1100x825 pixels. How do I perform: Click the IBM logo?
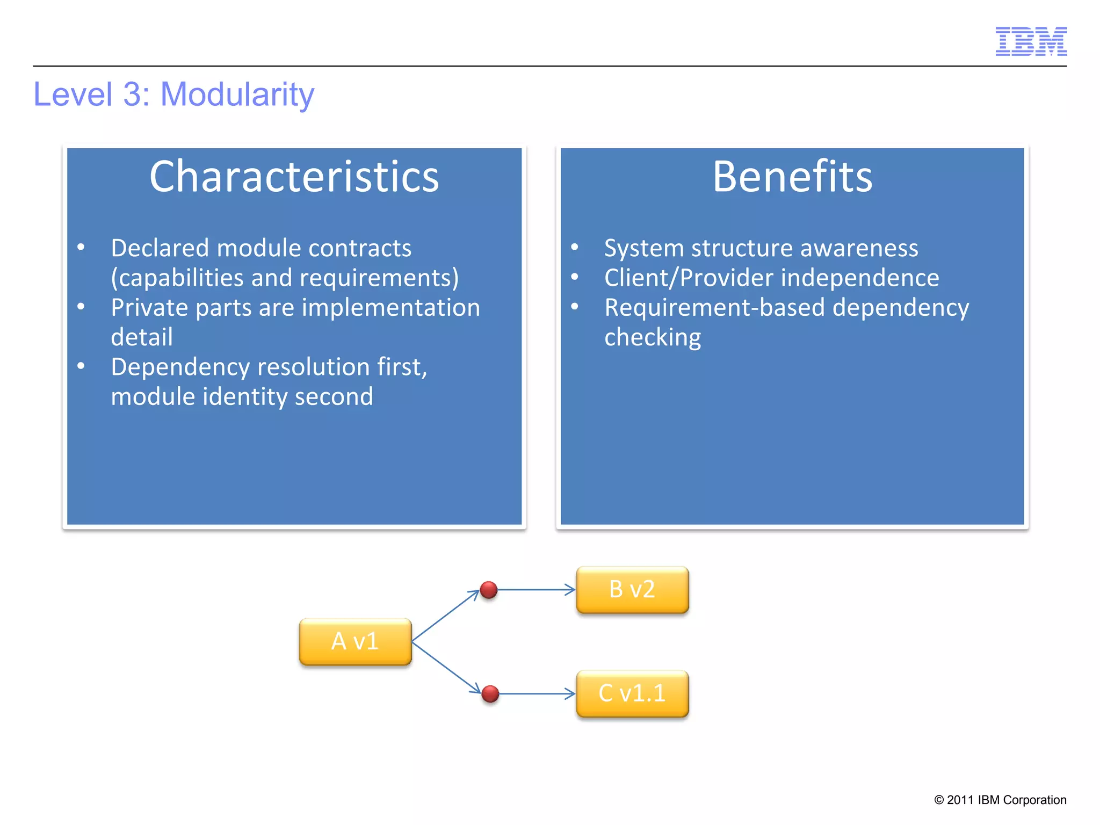click(x=1031, y=41)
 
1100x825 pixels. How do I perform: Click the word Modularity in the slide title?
click(x=237, y=95)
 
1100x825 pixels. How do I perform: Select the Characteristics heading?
click(x=294, y=177)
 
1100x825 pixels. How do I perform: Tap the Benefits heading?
click(x=792, y=177)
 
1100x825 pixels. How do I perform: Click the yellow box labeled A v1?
click(x=355, y=641)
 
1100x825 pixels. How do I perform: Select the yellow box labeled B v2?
click(x=632, y=590)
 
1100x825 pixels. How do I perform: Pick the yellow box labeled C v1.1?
click(x=632, y=693)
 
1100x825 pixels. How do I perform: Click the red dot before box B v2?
click(x=489, y=590)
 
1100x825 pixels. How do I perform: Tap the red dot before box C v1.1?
click(x=490, y=693)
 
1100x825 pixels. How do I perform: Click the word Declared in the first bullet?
click(x=160, y=248)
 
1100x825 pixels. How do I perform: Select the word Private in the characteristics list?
click(x=149, y=308)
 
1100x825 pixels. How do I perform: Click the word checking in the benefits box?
click(x=652, y=337)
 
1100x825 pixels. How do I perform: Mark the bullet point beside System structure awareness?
click(x=574, y=247)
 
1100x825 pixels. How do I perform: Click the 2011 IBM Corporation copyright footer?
click(x=1000, y=800)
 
